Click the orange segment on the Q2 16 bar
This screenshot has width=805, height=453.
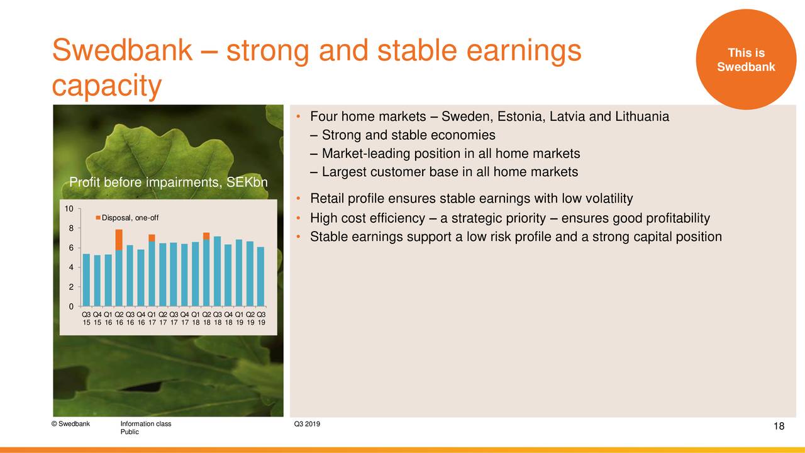coord(119,240)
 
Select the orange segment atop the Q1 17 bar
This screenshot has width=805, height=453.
coord(152,238)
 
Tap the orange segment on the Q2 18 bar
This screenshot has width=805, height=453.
coord(206,236)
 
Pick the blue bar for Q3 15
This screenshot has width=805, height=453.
coord(86,280)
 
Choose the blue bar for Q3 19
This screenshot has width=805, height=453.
coord(261,277)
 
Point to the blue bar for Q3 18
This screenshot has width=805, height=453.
coord(218,271)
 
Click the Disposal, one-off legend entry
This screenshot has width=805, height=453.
coord(127,218)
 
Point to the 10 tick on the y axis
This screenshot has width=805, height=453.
coord(69,208)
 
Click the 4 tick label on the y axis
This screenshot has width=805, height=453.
coord(71,267)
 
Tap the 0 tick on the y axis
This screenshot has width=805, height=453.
coord(71,306)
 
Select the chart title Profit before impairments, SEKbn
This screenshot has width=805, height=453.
coord(168,182)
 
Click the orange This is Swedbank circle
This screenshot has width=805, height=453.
coord(746,59)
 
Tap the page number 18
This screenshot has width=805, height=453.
coord(779,426)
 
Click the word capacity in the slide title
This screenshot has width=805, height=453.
coord(107,86)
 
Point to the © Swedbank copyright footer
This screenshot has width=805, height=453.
coord(70,424)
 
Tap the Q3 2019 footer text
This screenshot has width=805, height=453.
coord(307,424)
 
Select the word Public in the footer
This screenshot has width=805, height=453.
coord(130,432)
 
